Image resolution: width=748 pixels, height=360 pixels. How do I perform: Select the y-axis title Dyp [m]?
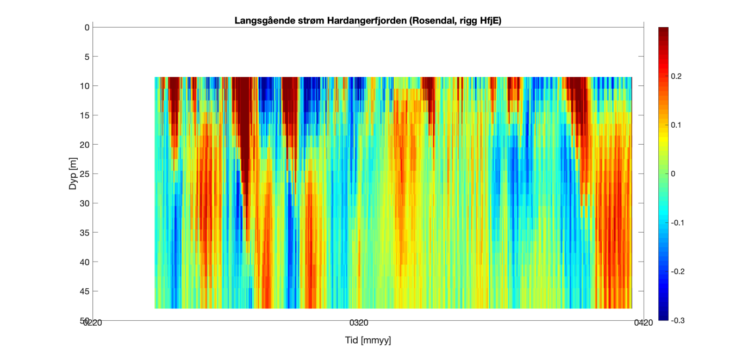point(73,173)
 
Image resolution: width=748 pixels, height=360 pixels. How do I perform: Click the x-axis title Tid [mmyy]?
point(368,340)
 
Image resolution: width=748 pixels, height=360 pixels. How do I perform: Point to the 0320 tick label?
point(358,323)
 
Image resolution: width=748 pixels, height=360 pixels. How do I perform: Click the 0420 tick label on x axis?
point(644,323)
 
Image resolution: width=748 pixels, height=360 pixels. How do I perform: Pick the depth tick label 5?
point(87,57)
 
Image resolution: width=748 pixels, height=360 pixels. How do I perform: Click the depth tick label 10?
point(85,86)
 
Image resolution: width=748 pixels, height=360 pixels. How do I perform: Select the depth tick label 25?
point(85,174)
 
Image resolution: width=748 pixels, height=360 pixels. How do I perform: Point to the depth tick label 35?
point(85,233)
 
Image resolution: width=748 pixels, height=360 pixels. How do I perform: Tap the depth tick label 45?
point(85,291)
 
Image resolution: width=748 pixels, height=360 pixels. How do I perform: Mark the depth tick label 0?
point(87,27)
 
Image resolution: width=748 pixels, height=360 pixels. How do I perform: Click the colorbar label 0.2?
point(676,77)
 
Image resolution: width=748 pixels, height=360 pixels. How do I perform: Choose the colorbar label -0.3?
point(677,320)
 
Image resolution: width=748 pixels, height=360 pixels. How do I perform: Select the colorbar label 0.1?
point(676,125)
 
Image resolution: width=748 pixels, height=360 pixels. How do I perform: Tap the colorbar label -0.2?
point(677,272)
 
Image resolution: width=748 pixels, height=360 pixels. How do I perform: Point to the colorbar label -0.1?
point(677,223)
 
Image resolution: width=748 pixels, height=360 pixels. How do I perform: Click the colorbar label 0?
point(673,174)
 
